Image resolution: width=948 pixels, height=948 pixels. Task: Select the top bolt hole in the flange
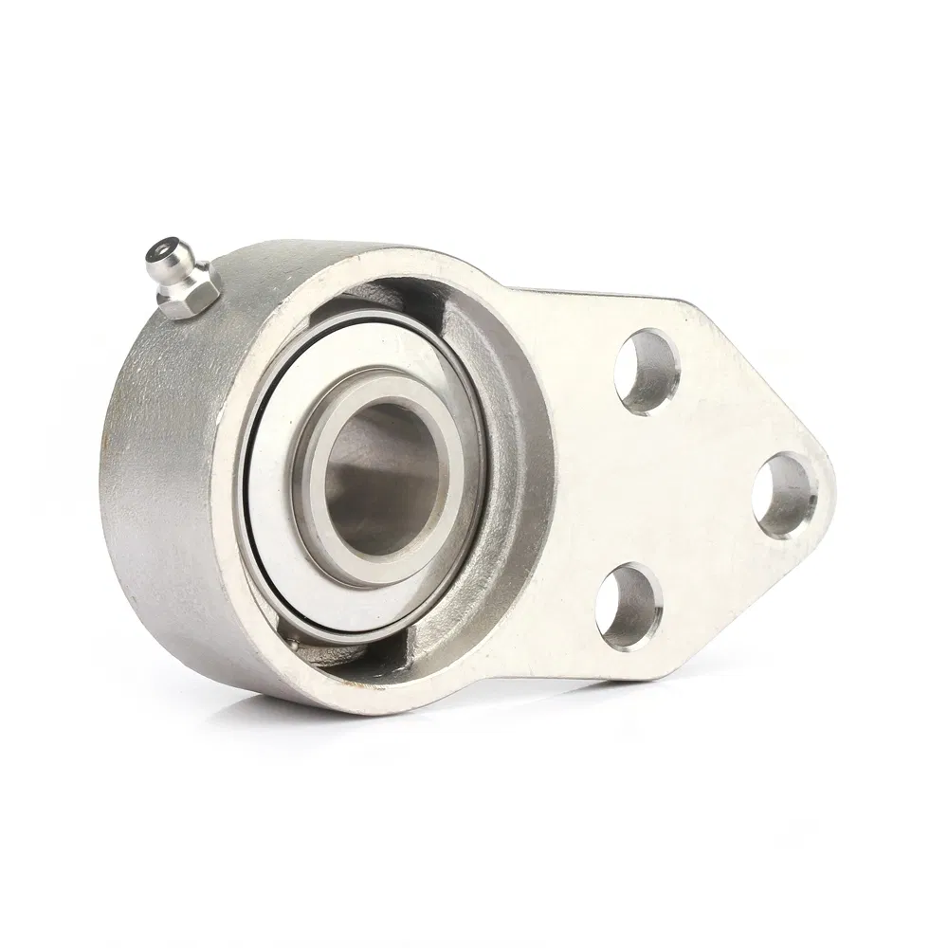(x=647, y=370)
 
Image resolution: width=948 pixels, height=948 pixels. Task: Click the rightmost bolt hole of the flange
(x=786, y=495)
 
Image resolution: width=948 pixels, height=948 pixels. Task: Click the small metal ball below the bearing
(x=295, y=647)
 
